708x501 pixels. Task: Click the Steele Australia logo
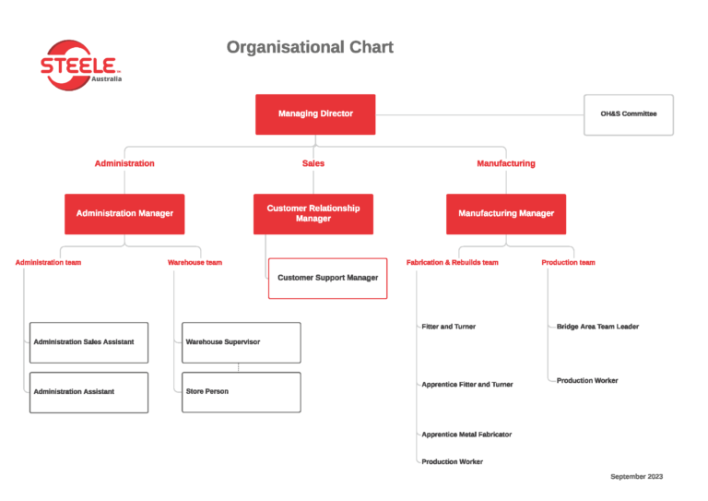coord(80,66)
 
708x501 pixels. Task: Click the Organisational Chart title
coord(310,47)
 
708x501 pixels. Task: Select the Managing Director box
coord(315,114)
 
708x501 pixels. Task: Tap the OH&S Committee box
coord(629,114)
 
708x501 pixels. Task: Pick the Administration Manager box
coord(124,214)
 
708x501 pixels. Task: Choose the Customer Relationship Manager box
coord(313,214)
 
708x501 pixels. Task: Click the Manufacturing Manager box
coord(506,214)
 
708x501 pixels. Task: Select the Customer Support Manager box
coord(328,279)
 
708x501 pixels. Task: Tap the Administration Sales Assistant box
coord(88,342)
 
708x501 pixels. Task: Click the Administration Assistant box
coord(88,392)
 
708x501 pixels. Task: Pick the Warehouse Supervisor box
coord(242,342)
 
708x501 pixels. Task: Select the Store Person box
coord(242,392)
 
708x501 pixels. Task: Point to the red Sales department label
coord(313,163)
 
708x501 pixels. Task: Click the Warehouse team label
coord(195,262)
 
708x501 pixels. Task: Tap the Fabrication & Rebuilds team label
coord(452,262)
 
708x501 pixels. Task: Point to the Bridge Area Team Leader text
coord(597,327)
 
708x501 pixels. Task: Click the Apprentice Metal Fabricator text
coord(466,435)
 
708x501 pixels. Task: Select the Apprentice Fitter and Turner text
coord(466,385)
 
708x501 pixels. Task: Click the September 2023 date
coord(637,476)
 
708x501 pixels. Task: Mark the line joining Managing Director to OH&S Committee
coord(479,114)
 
